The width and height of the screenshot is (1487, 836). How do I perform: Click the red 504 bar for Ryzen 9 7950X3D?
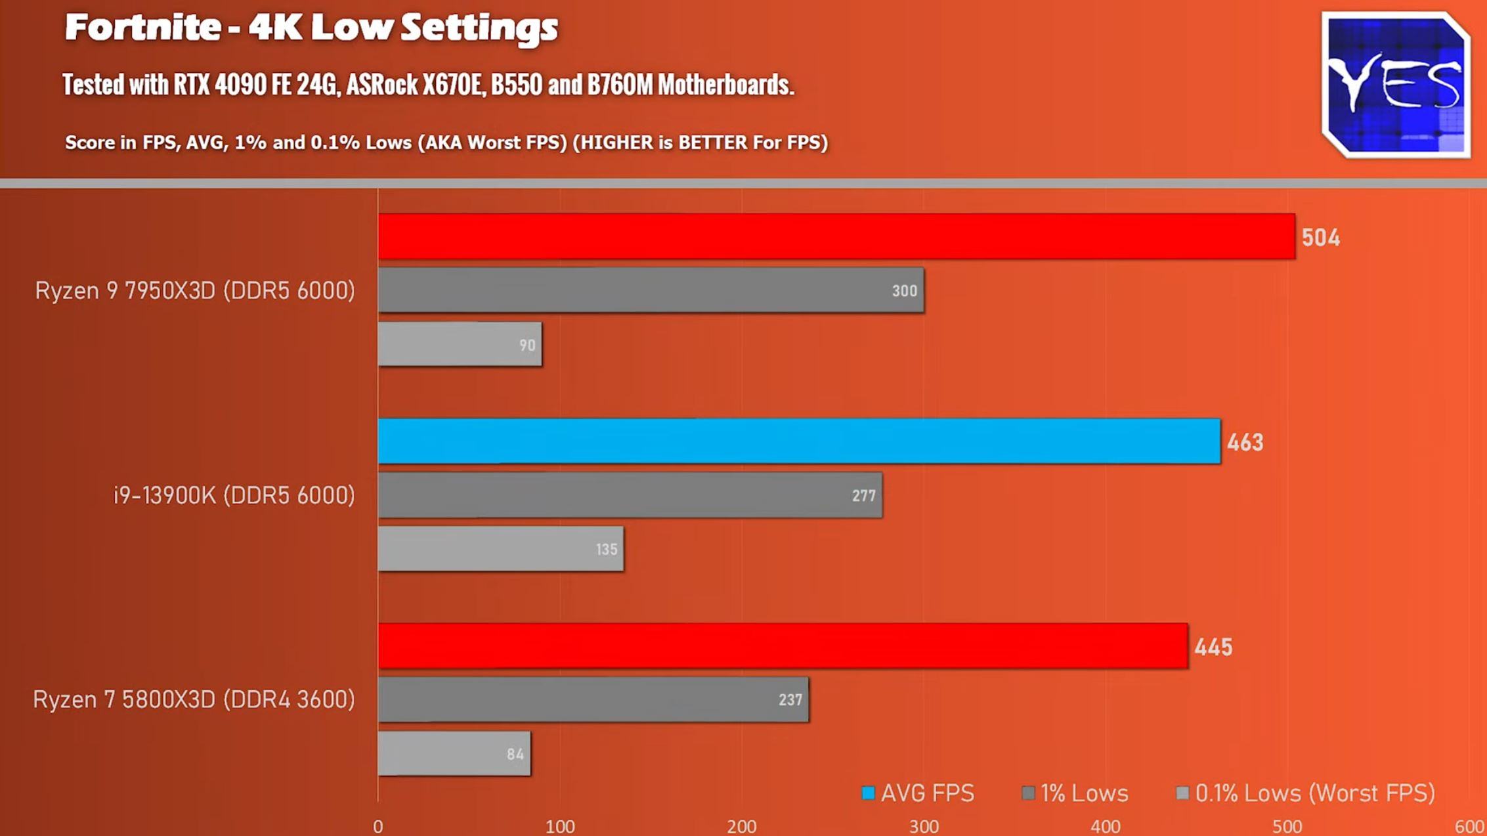pyautogui.click(x=836, y=236)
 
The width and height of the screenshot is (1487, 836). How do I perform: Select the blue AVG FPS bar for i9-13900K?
pyautogui.click(x=798, y=441)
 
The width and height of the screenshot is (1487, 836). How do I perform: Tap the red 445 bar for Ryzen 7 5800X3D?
pyautogui.click(x=783, y=646)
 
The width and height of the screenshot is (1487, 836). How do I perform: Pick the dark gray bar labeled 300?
pyautogui.click(x=650, y=290)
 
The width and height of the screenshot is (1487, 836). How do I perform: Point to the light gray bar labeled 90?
pyautogui.click(x=460, y=344)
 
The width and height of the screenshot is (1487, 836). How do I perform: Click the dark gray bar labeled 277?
pyautogui.click(x=630, y=495)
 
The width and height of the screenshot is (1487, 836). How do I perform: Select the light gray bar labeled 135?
pyautogui.click(x=500, y=549)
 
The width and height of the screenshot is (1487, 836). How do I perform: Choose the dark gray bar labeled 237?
pyautogui.click(x=593, y=700)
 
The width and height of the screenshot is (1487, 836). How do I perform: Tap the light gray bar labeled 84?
pyautogui.click(x=454, y=754)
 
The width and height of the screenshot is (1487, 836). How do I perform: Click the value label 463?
pyautogui.click(x=1245, y=443)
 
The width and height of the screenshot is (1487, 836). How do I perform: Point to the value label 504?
pyautogui.click(x=1320, y=238)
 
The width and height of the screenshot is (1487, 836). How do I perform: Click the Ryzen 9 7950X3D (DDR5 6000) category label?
pyautogui.click(x=195, y=290)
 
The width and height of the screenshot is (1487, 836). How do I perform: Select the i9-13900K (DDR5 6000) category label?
pyautogui.click(x=234, y=495)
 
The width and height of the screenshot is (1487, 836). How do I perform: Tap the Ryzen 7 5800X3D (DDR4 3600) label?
pyautogui.click(x=194, y=700)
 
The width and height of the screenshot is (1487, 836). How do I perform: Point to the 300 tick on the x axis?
pyautogui.click(x=924, y=826)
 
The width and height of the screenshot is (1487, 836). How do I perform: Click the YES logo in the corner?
pyautogui.click(x=1396, y=85)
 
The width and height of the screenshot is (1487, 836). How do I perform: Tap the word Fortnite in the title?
pyautogui.click(x=142, y=28)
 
